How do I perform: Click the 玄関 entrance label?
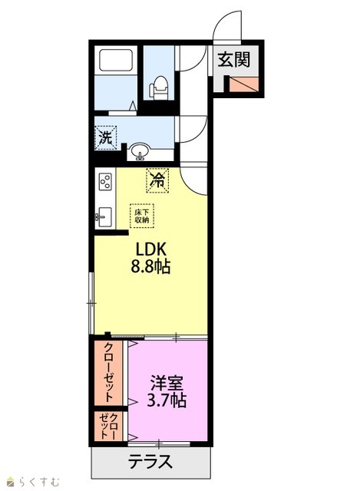pyautogui.click(x=234, y=60)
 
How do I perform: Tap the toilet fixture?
pyautogui.click(x=159, y=88)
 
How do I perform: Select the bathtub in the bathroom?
pyautogui.click(x=116, y=60)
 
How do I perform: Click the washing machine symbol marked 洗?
pyautogui.click(x=106, y=137)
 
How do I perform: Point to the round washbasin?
pyautogui.click(x=140, y=151)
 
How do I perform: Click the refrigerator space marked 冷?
pyautogui.click(x=157, y=180)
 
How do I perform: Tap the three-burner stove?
pyautogui.click(x=105, y=181)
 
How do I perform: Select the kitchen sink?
pyautogui.click(x=104, y=217)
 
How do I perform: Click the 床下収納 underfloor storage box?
pyautogui.click(x=142, y=216)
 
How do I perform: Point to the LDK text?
pyautogui.click(x=150, y=249)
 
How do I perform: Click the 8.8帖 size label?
pyautogui.click(x=150, y=267)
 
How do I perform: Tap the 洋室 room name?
pyautogui.click(x=167, y=382)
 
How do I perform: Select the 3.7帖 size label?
pyautogui.click(x=167, y=400)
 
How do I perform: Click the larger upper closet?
pyautogui.click(x=108, y=373)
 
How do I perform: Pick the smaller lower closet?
pyautogui.click(x=108, y=427)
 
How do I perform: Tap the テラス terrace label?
pyautogui.click(x=150, y=461)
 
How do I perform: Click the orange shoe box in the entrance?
pyautogui.click(x=244, y=84)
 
